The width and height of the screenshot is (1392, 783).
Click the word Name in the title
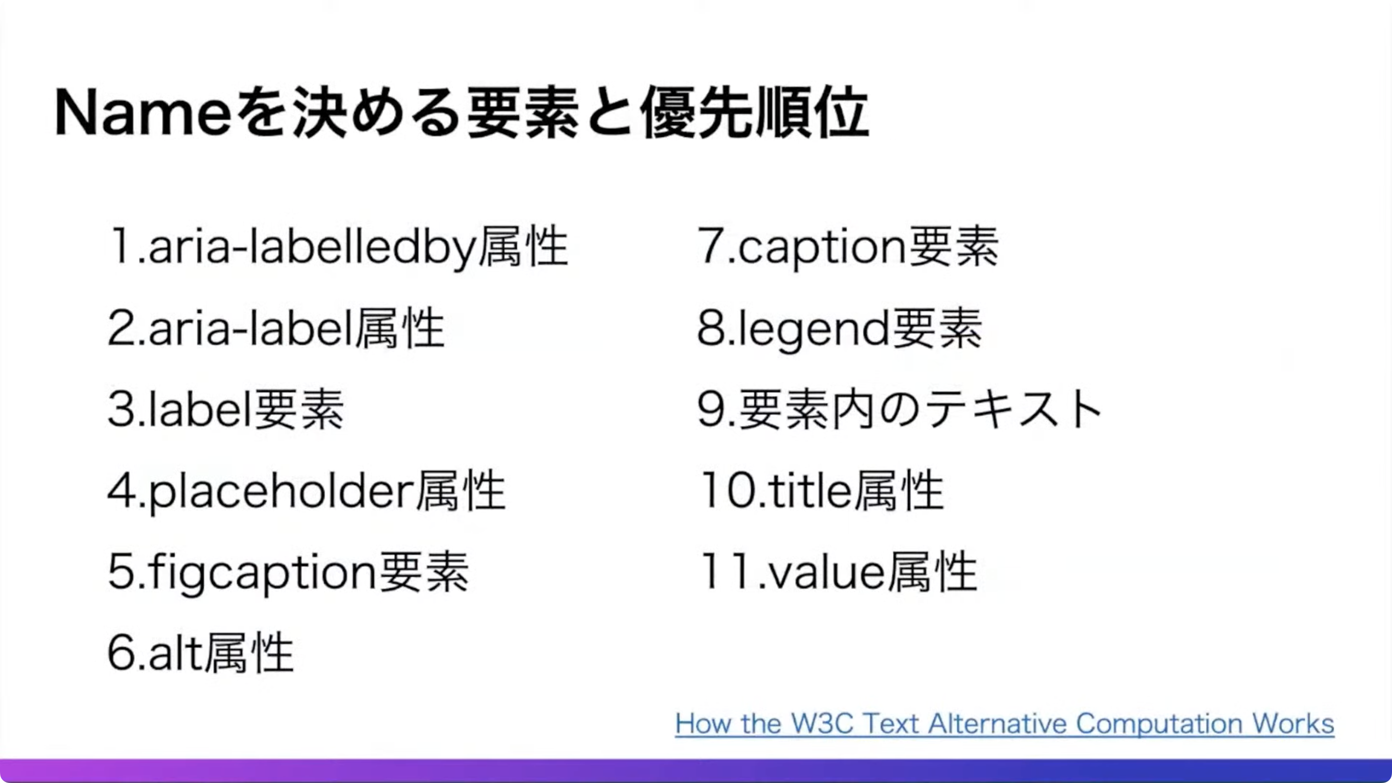143,114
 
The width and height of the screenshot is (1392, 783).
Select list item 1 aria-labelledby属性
338,247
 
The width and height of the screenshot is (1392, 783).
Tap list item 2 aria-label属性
276,329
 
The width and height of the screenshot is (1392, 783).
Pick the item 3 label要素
226,409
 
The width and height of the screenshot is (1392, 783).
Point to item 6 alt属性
201,653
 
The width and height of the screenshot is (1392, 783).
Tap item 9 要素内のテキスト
899,409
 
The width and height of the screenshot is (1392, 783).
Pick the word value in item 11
827,573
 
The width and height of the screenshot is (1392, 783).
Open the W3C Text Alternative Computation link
1004,724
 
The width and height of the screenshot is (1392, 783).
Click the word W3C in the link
822,724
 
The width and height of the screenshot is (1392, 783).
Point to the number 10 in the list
728,491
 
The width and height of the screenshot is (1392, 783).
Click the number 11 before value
727,572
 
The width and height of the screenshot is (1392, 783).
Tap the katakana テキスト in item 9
1015,409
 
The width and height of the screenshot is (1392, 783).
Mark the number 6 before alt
122,653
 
